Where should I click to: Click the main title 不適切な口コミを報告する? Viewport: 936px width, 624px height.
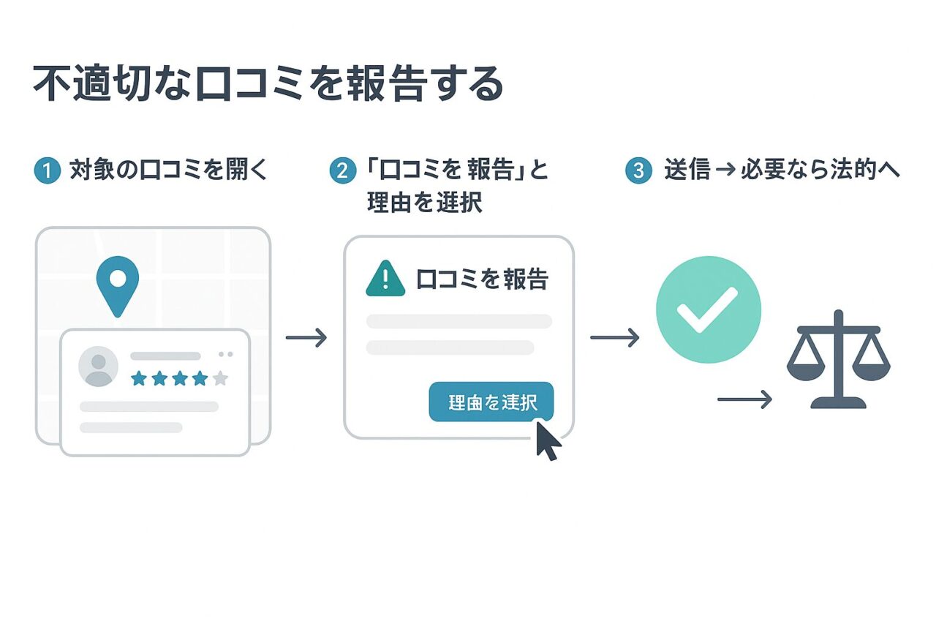click(268, 84)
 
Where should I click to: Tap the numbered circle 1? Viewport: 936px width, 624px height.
click(46, 171)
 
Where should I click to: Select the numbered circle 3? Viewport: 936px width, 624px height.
click(638, 171)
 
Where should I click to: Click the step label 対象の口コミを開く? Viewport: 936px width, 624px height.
click(169, 170)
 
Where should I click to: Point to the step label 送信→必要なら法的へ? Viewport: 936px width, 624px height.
click(782, 170)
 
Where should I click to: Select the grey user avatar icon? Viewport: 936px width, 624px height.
click(98, 366)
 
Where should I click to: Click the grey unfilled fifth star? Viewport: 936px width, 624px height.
click(220, 378)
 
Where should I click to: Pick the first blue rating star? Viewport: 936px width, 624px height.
click(138, 378)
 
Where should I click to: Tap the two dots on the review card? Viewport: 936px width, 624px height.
click(226, 354)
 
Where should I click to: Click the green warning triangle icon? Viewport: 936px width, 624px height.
click(385, 279)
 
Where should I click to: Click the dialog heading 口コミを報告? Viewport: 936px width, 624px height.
click(482, 279)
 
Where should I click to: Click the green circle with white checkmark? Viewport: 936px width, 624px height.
click(708, 310)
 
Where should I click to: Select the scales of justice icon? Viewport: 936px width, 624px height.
click(838, 359)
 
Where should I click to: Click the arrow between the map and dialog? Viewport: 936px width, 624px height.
click(306, 337)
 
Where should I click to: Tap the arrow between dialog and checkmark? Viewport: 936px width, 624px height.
click(614, 337)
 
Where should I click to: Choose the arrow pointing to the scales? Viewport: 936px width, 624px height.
click(744, 399)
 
